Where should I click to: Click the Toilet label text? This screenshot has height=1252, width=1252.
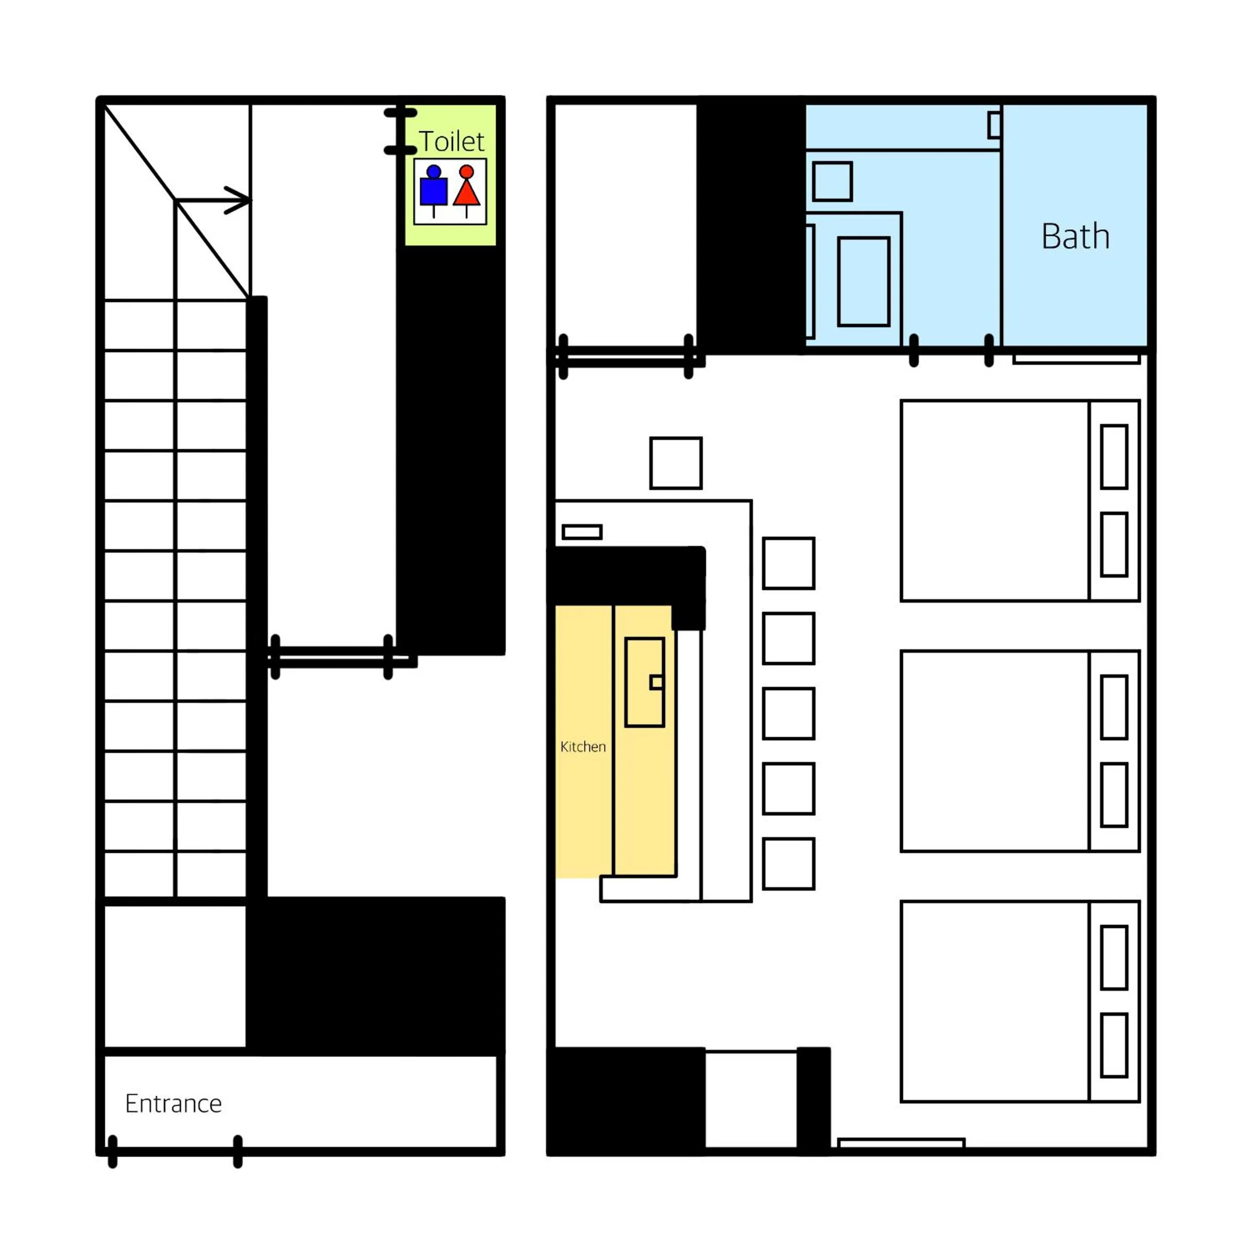451,141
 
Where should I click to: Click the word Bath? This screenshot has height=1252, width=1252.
1075,236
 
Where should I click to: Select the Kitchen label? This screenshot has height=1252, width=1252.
582,747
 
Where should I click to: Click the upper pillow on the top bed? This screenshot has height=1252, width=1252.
1114,456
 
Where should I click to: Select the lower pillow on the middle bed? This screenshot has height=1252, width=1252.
1114,794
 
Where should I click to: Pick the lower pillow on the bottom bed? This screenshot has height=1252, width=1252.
1114,1045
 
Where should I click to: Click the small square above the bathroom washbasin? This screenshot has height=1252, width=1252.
832,181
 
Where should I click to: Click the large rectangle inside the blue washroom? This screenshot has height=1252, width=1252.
863,281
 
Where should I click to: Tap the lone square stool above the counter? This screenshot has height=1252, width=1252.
676,463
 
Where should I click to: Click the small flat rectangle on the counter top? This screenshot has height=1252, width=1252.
582,532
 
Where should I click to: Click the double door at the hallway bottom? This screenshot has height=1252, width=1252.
332,657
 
